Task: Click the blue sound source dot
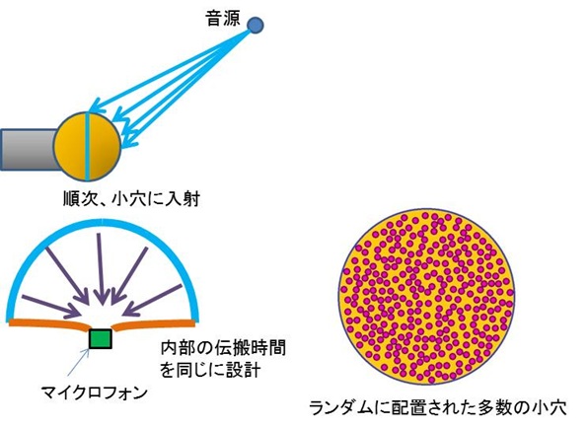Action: [x=255, y=25]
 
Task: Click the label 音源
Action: [x=223, y=19]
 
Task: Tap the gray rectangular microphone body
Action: [x=29, y=149]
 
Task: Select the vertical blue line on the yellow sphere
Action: [x=88, y=146]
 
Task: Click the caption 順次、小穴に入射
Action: [x=131, y=198]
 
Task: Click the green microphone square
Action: [x=101, y=339]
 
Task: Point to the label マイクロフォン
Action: [x=94, y=393]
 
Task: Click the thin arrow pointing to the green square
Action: [x=79, y=363]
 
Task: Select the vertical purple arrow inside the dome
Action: [x=100, y=269]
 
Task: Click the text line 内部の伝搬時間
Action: [x=223, y=348]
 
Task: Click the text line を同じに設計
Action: [x=210, y=370]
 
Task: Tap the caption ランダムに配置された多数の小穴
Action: [x=438, y=407]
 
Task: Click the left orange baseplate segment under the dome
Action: [x=48, y=323]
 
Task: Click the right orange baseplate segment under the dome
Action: [x=154, y=323]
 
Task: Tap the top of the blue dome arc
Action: [x=102, y=221]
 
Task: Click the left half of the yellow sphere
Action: [x=70, y=146]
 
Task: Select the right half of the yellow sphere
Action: [x=105, y=146]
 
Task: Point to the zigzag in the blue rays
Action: [x=120, y=120]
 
